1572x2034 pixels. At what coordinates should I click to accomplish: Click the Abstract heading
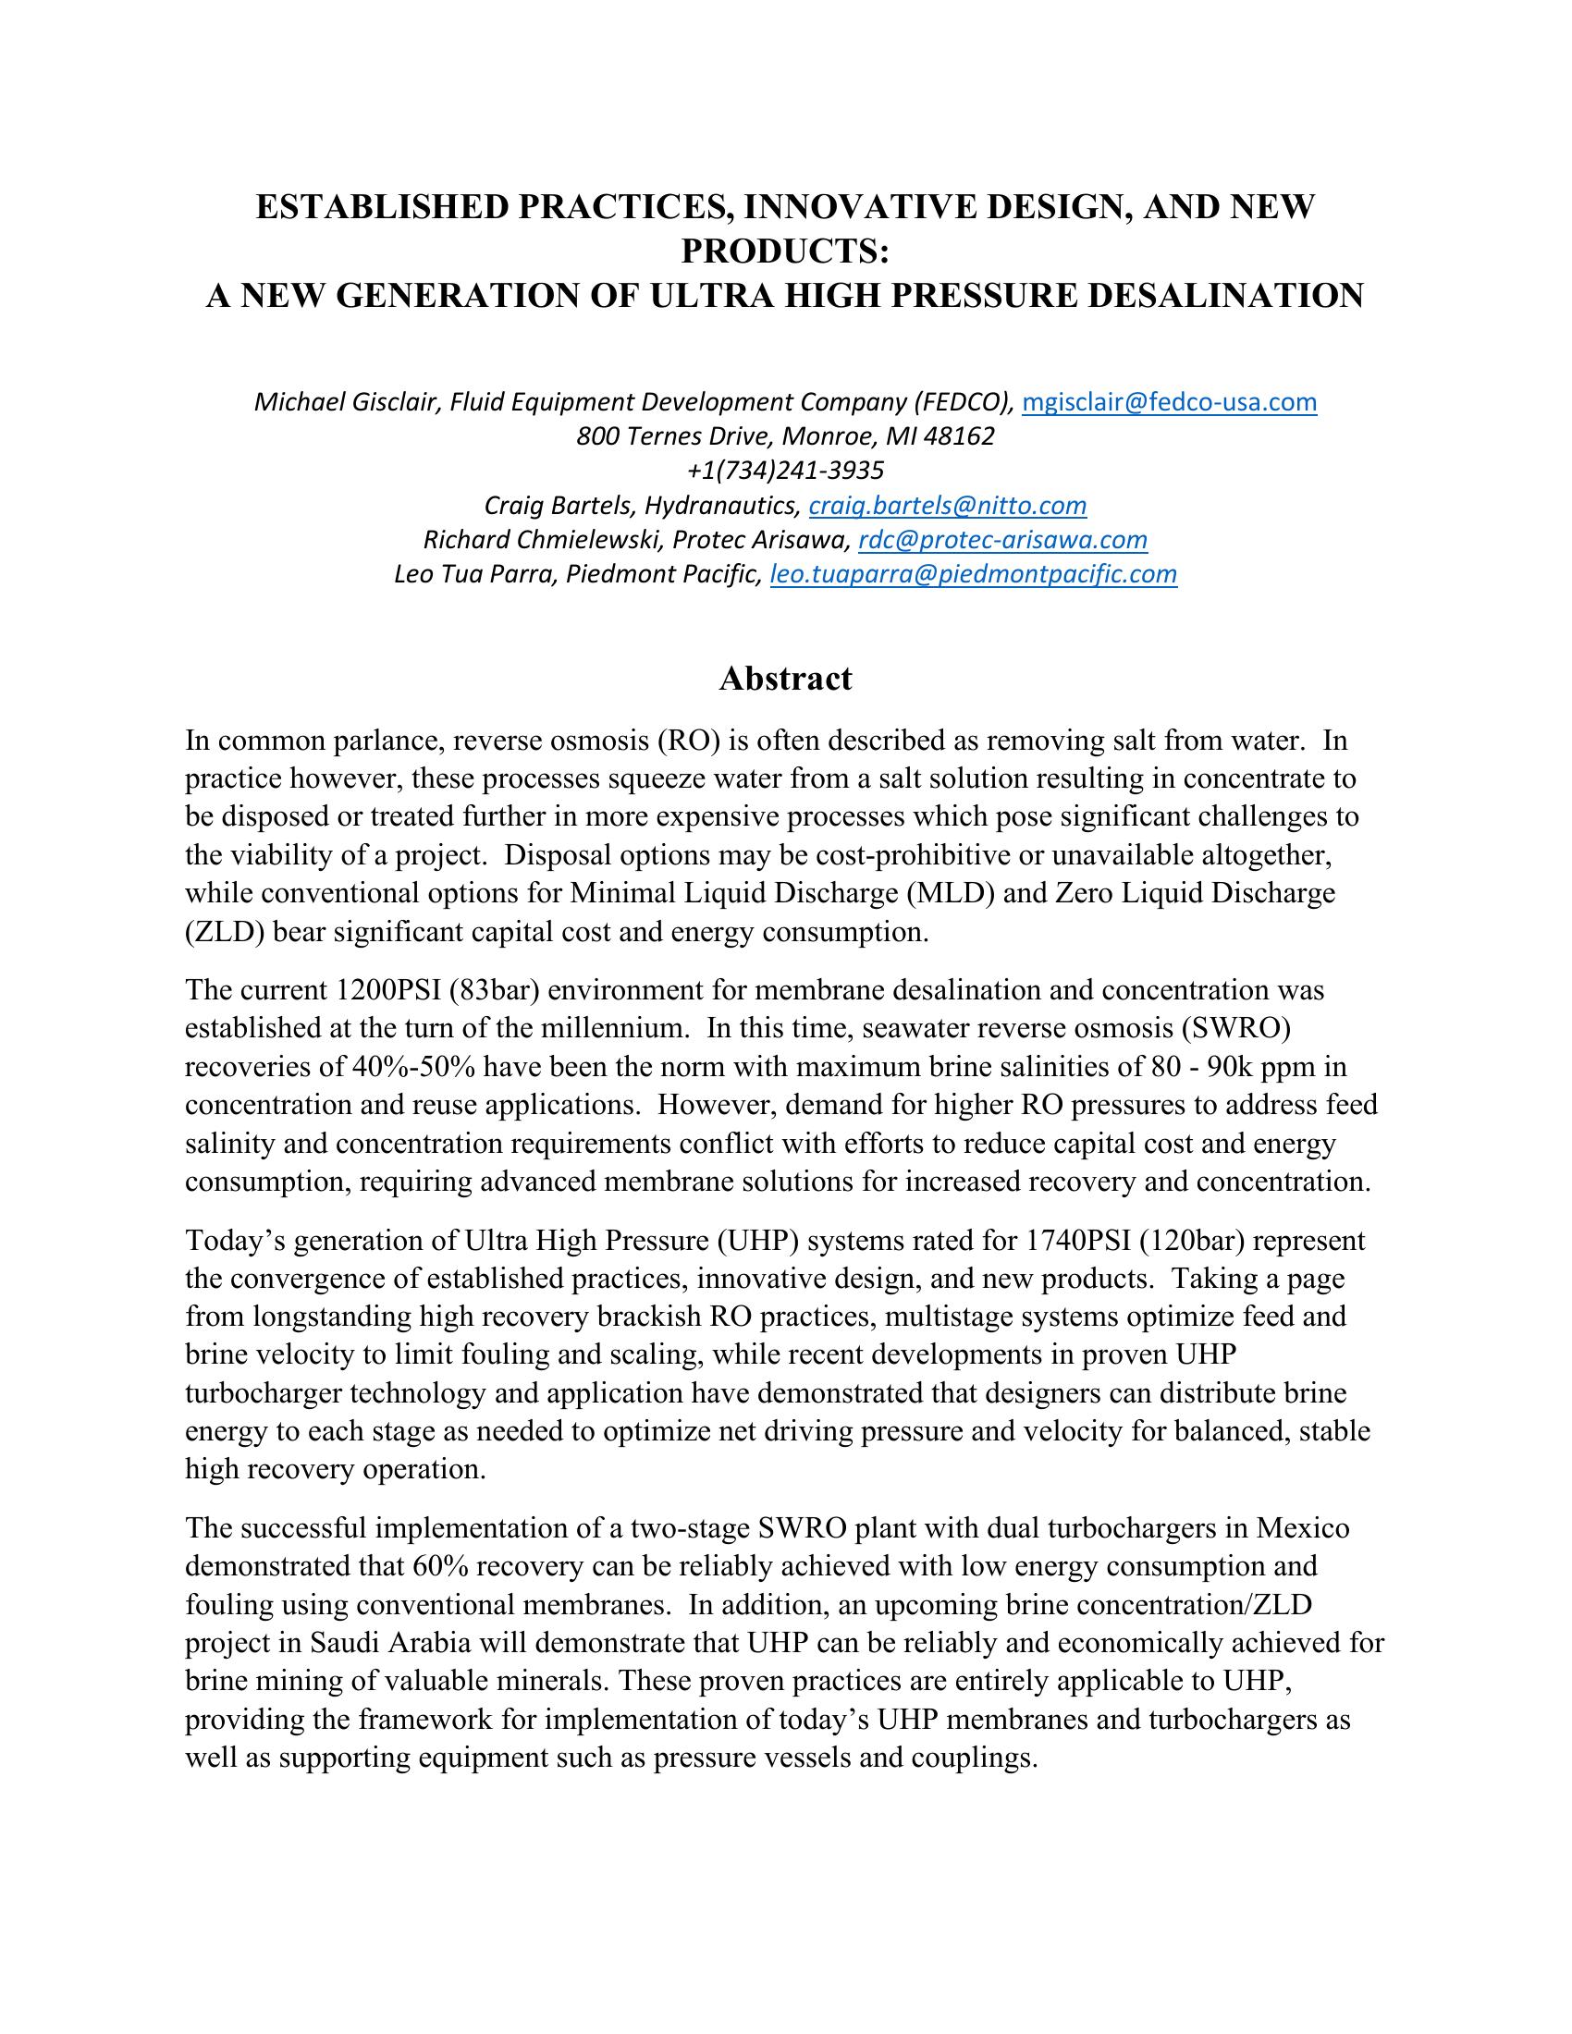point(785,679)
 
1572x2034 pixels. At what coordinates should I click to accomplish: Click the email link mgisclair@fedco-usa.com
point(1169,402)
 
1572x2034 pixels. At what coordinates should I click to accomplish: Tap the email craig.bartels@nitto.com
point(947,506)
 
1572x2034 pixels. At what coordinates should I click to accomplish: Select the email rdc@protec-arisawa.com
point(1002,540)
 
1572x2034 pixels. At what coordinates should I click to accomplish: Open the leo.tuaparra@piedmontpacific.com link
point(973,574)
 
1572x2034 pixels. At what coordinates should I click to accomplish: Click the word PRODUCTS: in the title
point(785,251)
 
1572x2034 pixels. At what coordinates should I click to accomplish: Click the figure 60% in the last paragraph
point(435,1566)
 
